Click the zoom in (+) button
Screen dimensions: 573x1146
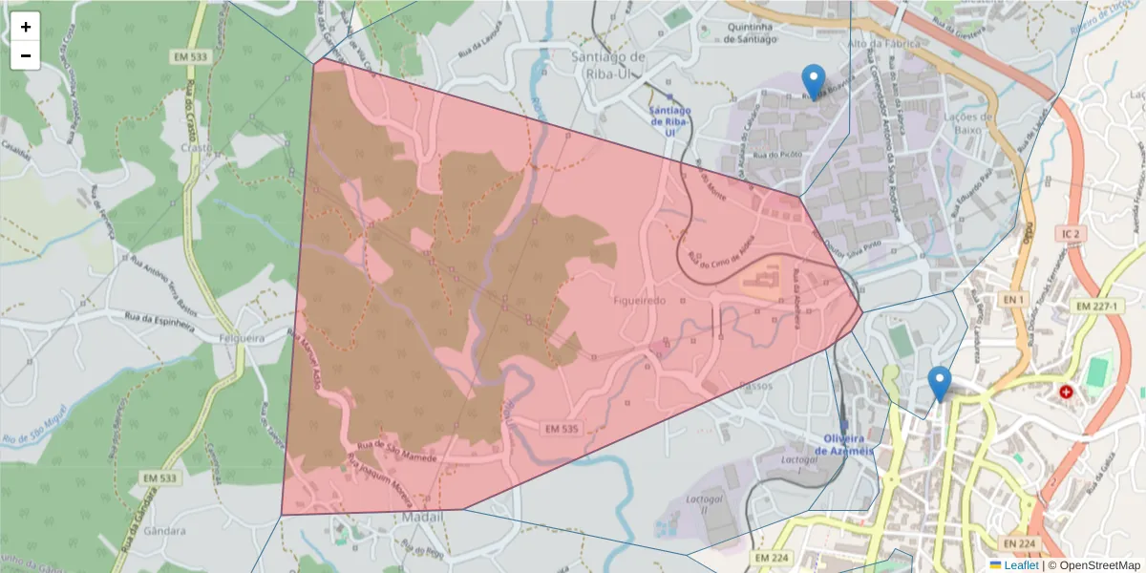[x=26, y=28]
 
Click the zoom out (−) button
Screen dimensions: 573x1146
[x=26, y=55]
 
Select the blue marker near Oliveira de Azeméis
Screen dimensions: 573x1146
[x=940, y=383]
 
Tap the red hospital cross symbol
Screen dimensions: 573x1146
[x=1066, y=392]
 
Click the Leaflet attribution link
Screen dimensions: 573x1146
[x=1021, y=565]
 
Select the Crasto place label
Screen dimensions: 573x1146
[x=195, y=148]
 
